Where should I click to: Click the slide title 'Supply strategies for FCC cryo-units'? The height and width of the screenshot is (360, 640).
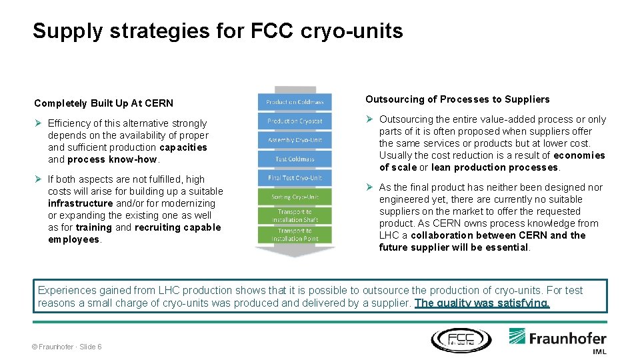[x=217, y=31]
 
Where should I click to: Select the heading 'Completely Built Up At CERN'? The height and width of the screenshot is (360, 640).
[x=103, y=103]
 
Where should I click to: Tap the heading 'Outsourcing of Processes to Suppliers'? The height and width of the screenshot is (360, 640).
[x=457, y=99]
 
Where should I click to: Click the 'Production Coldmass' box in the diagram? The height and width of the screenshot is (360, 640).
[x=295, y=102]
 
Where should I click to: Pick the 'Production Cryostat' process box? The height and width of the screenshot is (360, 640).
[x=295, y=121]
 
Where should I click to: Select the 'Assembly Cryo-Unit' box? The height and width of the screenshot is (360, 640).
[x=295, y=140]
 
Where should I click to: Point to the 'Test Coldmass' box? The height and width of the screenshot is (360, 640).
[x=295, y=159]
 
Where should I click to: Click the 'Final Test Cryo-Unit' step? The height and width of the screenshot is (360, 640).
[x=295, y=178]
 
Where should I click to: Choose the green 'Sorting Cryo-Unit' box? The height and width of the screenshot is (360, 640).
[x=295, y=197]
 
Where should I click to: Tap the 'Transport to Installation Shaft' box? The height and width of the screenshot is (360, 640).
[x=295, y=215]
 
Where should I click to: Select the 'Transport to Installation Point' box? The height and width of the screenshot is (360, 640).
[x=295, y=235]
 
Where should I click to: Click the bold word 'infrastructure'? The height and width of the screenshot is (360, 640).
[x=80, y=203]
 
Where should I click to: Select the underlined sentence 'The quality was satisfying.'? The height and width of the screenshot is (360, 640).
[x=482, y=303]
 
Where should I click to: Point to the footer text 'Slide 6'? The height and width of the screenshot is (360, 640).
[x=91, y=347]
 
